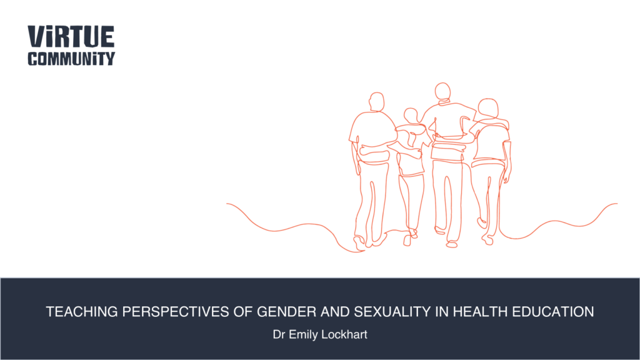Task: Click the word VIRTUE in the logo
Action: click(x=71, y=36)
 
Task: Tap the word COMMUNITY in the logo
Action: click(x=71, y=59)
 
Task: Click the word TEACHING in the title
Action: click(x=82, y=312)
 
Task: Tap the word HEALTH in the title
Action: click(x=480, y=312)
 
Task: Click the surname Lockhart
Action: click(x=344, y=335)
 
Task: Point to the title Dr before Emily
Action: click(x=279, y=335)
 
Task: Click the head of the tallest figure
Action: click(x=442, y=91)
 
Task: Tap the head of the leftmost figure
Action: click(x=377, y=102)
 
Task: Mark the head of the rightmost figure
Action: click(x=488, y=108)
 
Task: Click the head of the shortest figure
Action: click(x=411, y=116)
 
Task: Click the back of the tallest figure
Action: click(x=449, y=131)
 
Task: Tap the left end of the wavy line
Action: click(x=227, y=203)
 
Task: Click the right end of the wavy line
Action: click(x=617, y=203)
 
